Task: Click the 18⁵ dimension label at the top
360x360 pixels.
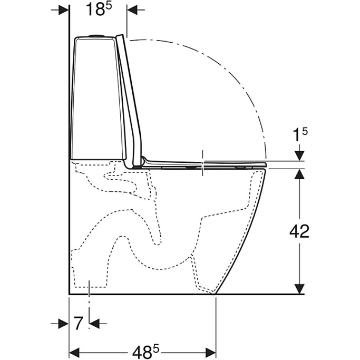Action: click(98, 10)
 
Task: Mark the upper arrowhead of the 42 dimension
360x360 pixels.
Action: click(299, 174)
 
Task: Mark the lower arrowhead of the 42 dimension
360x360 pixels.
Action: click(299, 288)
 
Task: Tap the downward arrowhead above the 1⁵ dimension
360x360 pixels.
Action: click(299, 155)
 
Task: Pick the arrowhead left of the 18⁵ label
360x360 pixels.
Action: click(64, 10)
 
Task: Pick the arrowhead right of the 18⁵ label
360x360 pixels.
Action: click(132, 10)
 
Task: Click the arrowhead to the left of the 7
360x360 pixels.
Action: click(64, 323)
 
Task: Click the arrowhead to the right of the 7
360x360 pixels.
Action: click(95, 323)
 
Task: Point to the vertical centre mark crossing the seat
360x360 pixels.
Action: click(202, 162)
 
